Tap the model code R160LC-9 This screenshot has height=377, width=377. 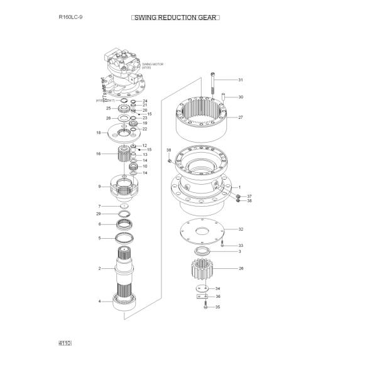pos(70,18)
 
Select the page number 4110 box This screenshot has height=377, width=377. pos(65,343)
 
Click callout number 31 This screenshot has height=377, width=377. pos(240,80)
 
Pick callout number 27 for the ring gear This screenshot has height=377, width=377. pos(240,117)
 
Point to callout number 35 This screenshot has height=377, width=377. pos(218,307)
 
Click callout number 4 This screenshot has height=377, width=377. pos(99,301)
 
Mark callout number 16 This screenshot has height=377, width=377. pos(98,154)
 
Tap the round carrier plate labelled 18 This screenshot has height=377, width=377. pos(128,133)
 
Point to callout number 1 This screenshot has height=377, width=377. pos(239,187)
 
